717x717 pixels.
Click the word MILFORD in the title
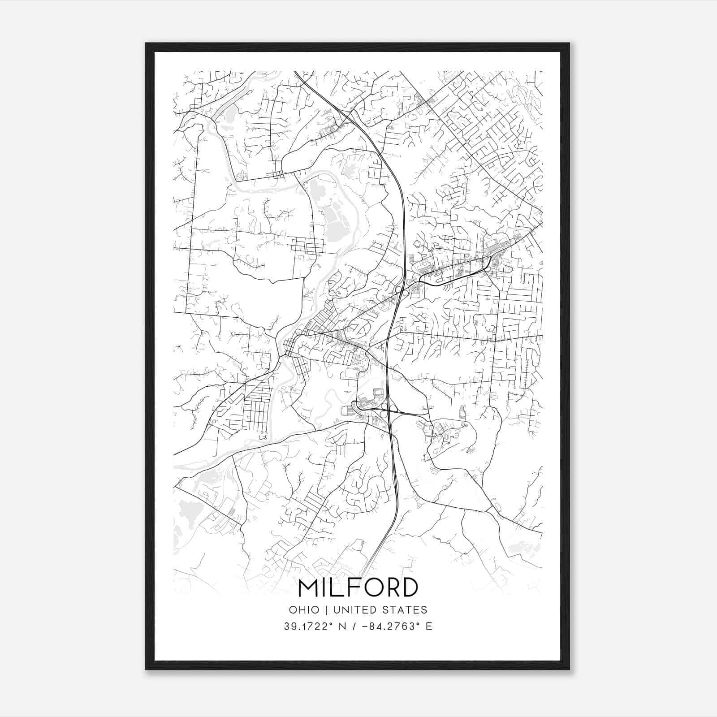pos(358,588)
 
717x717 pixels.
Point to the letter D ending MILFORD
pos(409,588)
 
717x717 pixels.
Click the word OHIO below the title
pos(304,610)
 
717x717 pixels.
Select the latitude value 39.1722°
pos(309,626)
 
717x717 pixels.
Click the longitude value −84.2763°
pos(390,626)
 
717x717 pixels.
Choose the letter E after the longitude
pos(429,626)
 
